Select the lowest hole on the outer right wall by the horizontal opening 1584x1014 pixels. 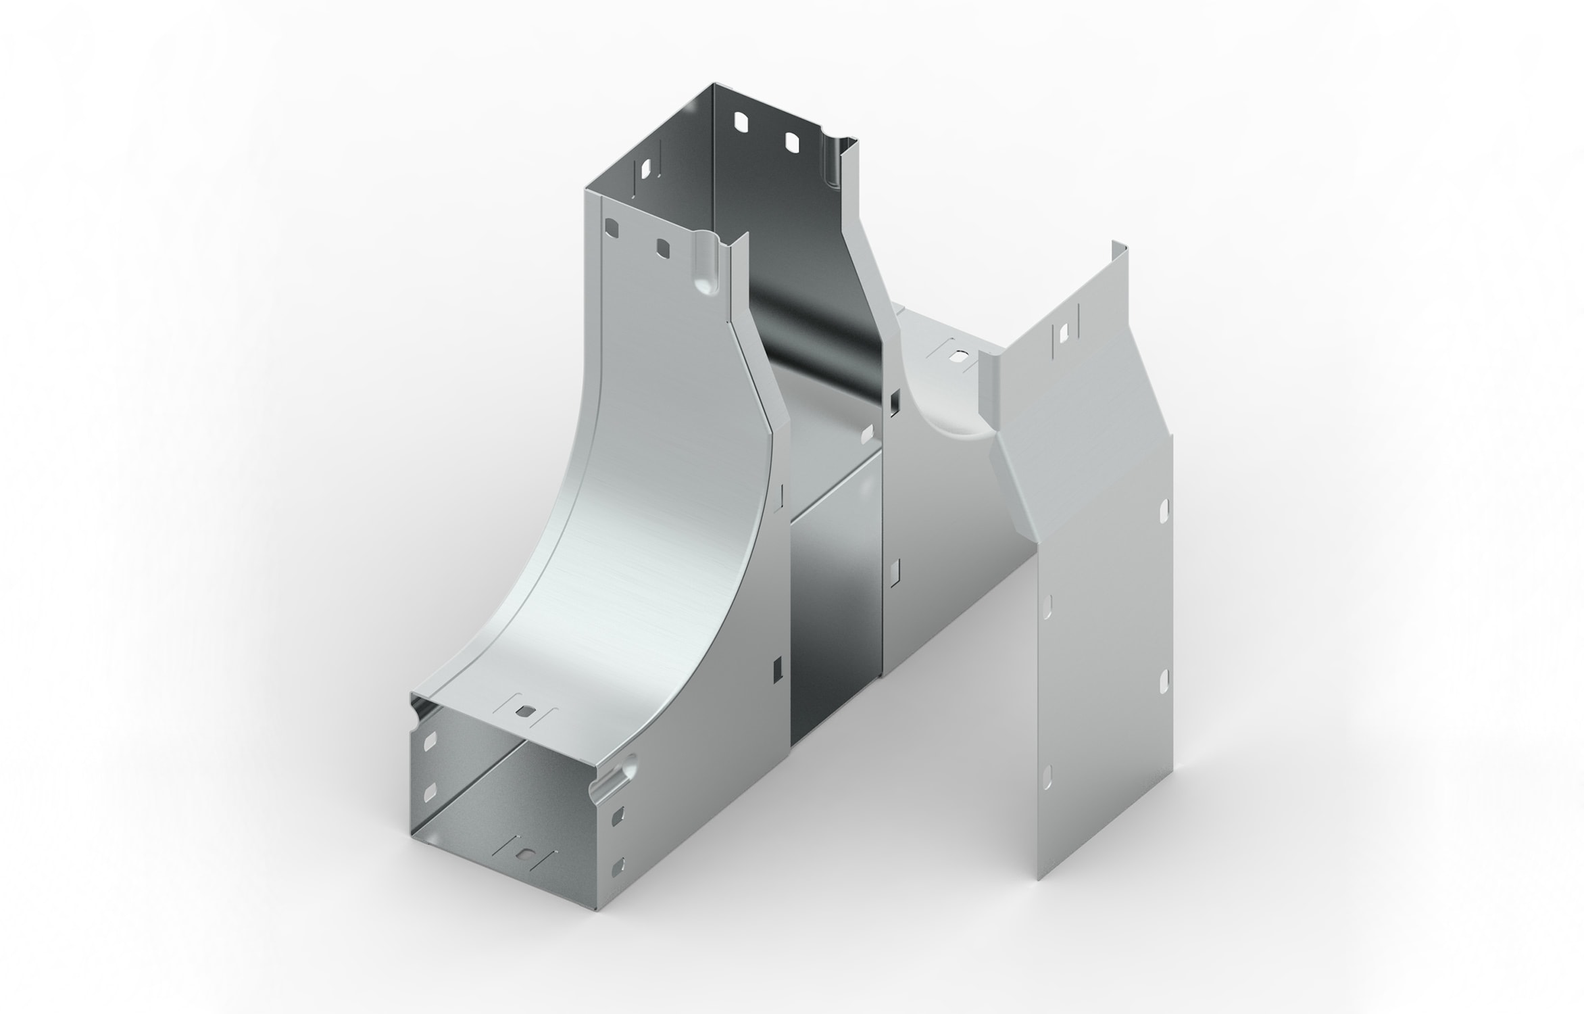coord(616,865)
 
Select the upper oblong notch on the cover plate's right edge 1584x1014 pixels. coord(1164,511)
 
